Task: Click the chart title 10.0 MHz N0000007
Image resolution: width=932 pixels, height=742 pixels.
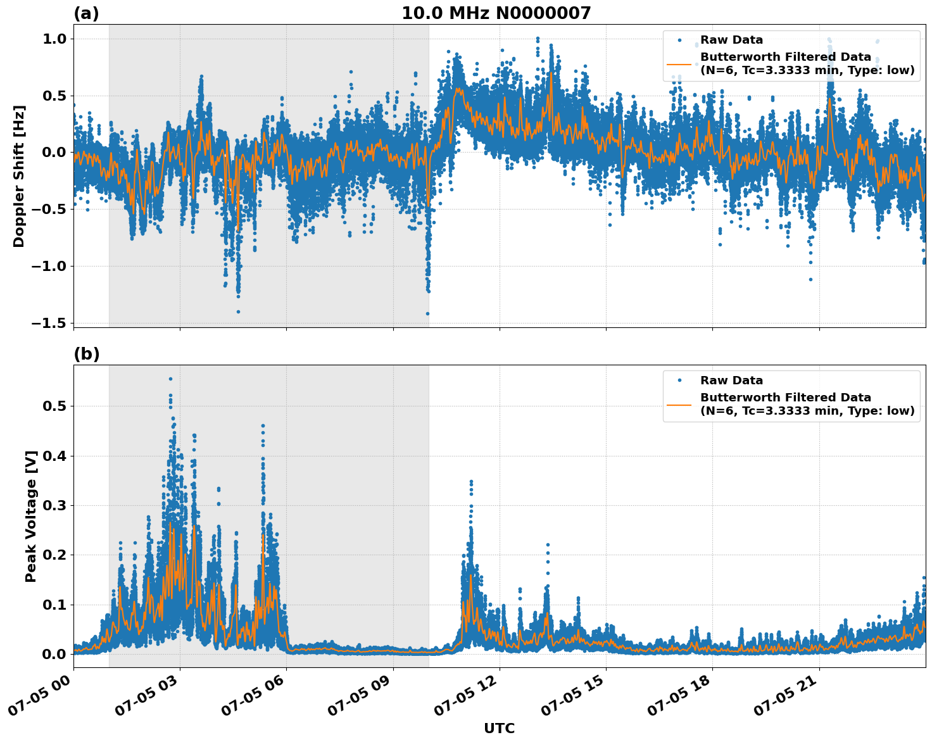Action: coord(496,13)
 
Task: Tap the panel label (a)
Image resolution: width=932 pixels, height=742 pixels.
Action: coord(86,13)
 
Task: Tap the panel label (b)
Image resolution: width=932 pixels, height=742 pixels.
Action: coord(86,354)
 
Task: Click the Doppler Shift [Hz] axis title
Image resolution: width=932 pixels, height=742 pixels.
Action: coord(19,176)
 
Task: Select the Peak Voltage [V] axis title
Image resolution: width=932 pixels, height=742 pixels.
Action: coord(31,516)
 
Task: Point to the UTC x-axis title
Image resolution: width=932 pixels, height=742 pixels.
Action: coord(499,728)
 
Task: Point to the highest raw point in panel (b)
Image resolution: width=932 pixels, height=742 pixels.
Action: coord(170,379)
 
